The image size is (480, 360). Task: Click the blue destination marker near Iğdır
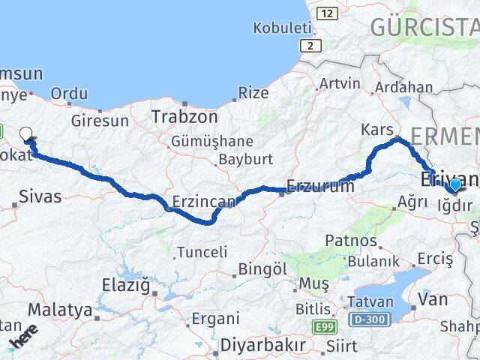[454, 185]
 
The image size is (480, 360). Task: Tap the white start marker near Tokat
[26, 135]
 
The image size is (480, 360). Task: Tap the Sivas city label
[40, 198]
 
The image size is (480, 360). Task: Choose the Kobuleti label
[282, 28]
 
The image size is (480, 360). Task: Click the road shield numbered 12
[326, 13]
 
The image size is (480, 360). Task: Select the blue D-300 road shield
[369, 320]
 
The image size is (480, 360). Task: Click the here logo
[24, 337]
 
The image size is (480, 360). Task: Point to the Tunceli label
[202, 252]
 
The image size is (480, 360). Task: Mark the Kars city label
[376, 130]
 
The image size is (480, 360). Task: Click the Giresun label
[94, 120]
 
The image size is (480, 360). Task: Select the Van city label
[433, 299]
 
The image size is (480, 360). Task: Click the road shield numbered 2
[308, 46]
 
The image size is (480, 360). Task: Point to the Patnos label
[351, 241]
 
